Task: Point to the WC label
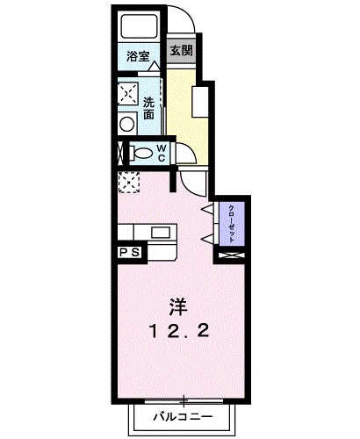(162, 153)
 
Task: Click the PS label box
(128, 252)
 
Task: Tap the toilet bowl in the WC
(140, 153)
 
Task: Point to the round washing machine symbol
(128, 124)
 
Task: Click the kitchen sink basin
(162, 233)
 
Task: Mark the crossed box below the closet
(231, 255)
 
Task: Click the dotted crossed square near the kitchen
(129, 182)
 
